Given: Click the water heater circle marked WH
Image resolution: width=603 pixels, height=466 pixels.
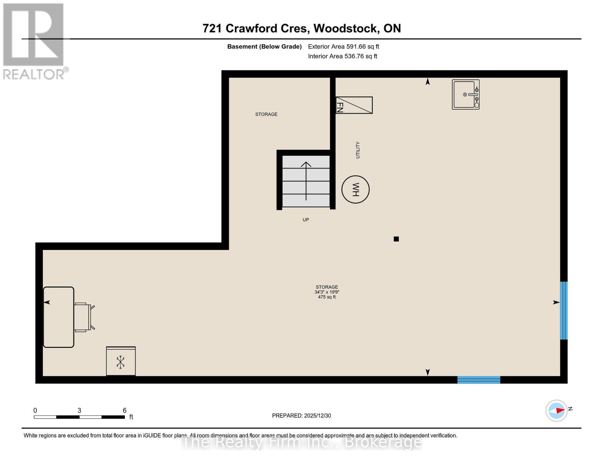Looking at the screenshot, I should pyautogui.click(x=355, y=190).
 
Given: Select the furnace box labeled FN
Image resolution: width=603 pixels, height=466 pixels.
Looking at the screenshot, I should pyautogui.click(x=354, y=105).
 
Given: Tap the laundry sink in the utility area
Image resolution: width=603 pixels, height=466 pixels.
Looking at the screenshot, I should pyautogui.click(x=466, y=95).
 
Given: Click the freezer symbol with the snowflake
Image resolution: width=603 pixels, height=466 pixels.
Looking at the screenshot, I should pyautogui.click(x=121, y=362).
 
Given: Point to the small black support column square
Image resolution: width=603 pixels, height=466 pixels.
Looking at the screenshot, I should pyautogui.click(x=396, y=239).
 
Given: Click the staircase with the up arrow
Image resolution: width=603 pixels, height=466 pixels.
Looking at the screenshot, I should pyautogui.click(x=306, y=181).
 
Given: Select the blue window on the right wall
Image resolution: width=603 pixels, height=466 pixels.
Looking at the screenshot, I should pyautogui.click(x=563, y=311).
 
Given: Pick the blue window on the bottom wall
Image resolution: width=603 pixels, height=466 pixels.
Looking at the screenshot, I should pyautogui.click(x=478, y=380).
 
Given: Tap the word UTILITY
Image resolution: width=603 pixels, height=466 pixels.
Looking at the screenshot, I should pyautogui.click(x=358, y=150).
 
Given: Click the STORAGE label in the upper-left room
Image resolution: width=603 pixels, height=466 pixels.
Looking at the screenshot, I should pyautogui.click(x=266, y=114).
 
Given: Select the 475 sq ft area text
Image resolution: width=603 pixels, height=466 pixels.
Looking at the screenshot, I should pyautogui.click(x=327, y=297).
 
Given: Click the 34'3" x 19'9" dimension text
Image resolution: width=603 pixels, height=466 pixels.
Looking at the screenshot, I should pyautogui.click(x=327, y=292).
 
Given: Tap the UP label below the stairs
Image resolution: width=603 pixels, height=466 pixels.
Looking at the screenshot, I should pyautogui.click(x=306, y=220).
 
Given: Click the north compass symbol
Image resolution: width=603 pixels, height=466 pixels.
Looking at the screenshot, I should pyautogui.click(x=557, y=410).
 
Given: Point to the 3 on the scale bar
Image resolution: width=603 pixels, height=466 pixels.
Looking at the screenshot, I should pyautogui.click(x=79, y=410).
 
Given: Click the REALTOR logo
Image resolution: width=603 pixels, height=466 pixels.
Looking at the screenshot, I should pyautogui.click(x=35, y=41).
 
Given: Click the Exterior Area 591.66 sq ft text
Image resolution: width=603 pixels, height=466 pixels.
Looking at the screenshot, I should pyautogui.click(x=343, y=47).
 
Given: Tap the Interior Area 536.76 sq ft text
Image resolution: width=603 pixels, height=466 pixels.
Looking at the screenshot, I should pyautogui.click(x=342, y=56).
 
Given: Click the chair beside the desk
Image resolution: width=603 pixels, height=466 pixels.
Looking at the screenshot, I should pyautogui.click(x=83, y=317).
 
